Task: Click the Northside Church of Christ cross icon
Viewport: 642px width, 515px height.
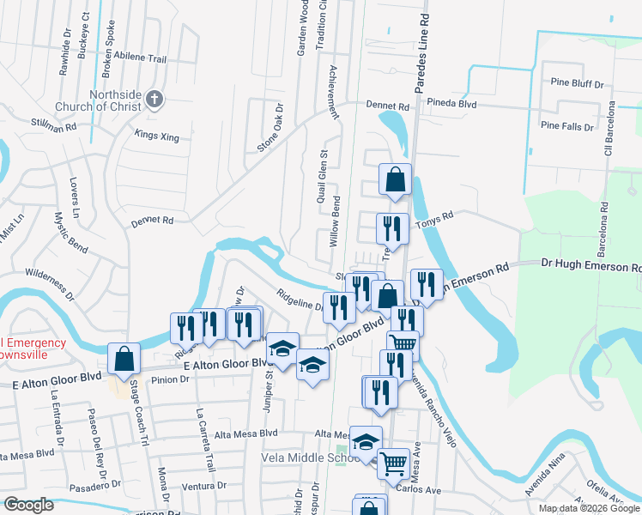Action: [154, 99]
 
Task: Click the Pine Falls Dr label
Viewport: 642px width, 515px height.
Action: [567, 126]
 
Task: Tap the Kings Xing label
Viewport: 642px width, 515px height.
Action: [156, 136]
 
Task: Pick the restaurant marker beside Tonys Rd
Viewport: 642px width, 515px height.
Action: [392, 228]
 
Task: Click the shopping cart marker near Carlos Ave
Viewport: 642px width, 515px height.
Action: [393, 463]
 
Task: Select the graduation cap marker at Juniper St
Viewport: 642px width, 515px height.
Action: [282, 348]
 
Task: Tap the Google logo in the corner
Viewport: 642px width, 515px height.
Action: [28, 505]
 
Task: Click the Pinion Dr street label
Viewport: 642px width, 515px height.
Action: [166, 379]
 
